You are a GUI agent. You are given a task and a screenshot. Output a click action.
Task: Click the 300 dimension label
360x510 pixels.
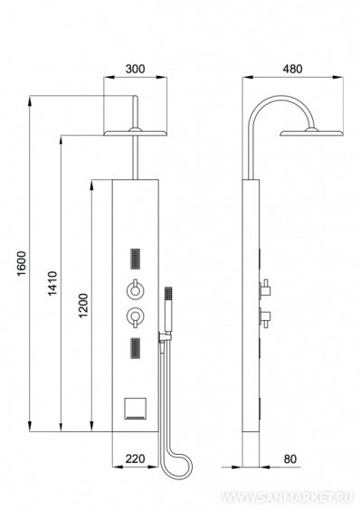click(x=135, y=70)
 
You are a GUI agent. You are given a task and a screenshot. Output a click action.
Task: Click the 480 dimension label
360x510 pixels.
click(x=292, y=69)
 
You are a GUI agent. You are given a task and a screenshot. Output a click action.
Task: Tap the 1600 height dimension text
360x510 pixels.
click(x=22, y=263)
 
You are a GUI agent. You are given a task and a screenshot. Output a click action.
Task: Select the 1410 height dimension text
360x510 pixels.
click(x=52, y=284)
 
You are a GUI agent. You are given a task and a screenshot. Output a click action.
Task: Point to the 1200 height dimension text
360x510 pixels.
click(x=83, y=306)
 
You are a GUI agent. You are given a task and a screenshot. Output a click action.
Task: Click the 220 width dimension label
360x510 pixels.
click(x=135, y=458)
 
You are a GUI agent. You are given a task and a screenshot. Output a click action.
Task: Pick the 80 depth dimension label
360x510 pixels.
click(x=290, y=459)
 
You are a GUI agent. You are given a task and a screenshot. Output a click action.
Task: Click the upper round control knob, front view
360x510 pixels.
click(x=136, y=289)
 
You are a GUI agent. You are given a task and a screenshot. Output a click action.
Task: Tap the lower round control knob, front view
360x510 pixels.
click(x=136, y=316)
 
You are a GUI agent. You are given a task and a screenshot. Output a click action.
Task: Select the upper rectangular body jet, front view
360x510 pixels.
click(x=136, y=259)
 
